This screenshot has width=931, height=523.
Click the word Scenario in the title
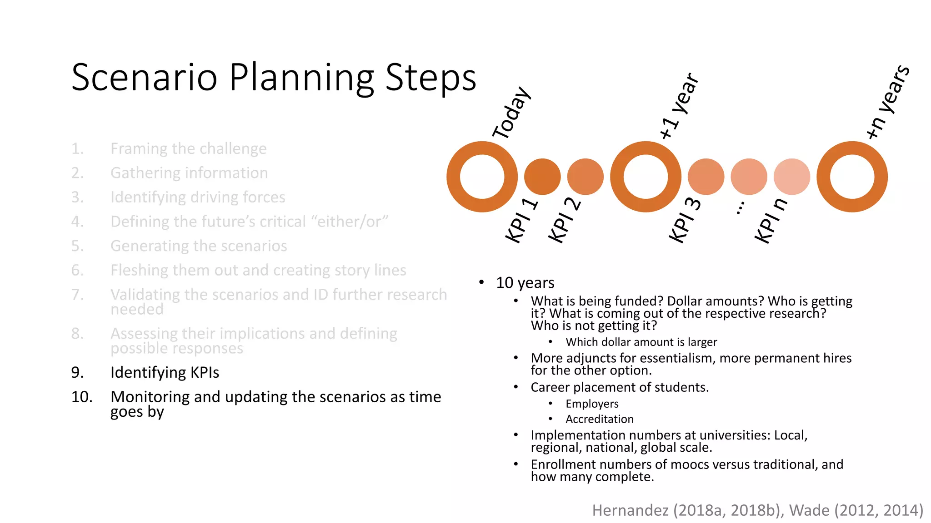(x=145, y=77)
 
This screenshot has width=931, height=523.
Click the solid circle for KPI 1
(x=542, y=177)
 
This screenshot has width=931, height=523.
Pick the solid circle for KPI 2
(x=585, y=177)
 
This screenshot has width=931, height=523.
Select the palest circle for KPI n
(x=791, y=177)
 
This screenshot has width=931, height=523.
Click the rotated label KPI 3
(x=685, y=220)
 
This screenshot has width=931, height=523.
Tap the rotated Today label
(x=511, y=113)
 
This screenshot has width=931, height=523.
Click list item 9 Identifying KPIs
(x=165, y=372)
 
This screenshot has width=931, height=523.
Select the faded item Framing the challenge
(x=188, y=148)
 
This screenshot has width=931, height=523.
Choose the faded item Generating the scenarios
(x=199, y=246)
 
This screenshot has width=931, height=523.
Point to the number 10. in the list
(x=82, y=397)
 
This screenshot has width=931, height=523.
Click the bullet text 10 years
(x=525, y=283)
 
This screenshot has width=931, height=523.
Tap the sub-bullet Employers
(x=592, y=404)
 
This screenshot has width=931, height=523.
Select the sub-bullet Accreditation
(x=599, y=419)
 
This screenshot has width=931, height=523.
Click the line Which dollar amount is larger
(x=641, y=342)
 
